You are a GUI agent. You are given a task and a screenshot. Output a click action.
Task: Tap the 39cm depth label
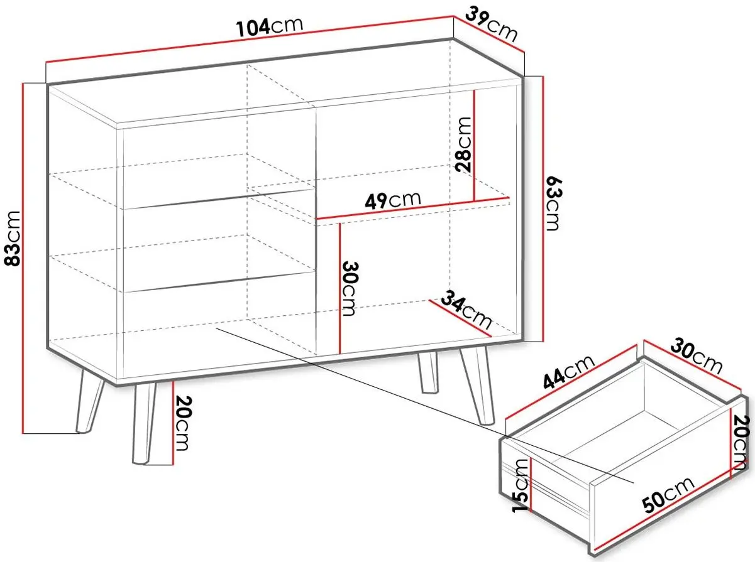pyautogui.click(x=492, y=24)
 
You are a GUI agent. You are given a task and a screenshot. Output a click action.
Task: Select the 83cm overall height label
pyautogui.click(x=13, y=238)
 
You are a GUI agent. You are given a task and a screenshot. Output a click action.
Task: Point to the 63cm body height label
pyautogui.click(x=554, y=203)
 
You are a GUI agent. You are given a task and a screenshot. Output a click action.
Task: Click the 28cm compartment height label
pyautogui.click(x=463, y=144)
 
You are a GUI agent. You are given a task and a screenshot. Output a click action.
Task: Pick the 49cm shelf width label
pyautogui.click(x=393, y=200)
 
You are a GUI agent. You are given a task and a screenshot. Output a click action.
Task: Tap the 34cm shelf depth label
pyautogui.click(x=466, y=310)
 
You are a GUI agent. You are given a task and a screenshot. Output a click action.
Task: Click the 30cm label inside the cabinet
pyautogui.click(x=351, y=289)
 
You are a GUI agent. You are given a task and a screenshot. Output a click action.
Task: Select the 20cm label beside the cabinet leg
pyautogui.click(x=183, y=423)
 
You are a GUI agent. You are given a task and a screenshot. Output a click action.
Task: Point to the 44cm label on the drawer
pyautogui.click(x=569, y=371)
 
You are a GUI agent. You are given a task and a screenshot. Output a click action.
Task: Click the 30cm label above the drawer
pyautogui.click(x=696, y=356)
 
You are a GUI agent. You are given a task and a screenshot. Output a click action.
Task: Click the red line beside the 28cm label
pyautogui.click(x=474, y=146)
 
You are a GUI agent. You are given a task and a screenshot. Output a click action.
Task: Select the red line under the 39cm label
pyautogui.click(x=489, y=35)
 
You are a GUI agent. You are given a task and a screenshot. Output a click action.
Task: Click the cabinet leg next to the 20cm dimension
pyautogui.click(x=145, y=424)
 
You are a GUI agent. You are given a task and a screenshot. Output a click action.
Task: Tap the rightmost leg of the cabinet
pyautogui.click(x=479, y=386)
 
